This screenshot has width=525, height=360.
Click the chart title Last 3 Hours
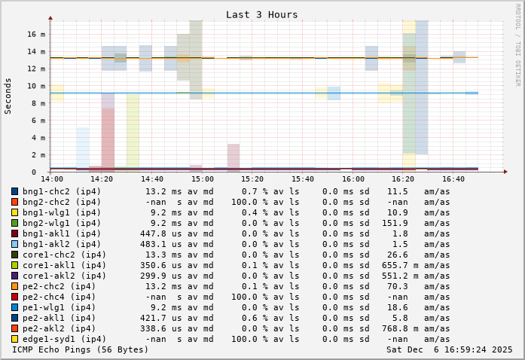261,14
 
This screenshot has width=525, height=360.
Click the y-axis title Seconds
8,96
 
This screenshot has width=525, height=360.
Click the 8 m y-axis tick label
40,102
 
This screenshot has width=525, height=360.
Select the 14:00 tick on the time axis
51,179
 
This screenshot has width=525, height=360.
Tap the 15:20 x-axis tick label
252,179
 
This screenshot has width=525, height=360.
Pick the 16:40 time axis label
453,179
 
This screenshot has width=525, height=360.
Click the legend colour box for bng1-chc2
14,191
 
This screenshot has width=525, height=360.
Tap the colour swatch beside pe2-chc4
14,297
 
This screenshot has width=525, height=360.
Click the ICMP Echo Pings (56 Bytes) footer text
81,349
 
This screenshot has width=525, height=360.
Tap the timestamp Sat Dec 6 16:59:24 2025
450,349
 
